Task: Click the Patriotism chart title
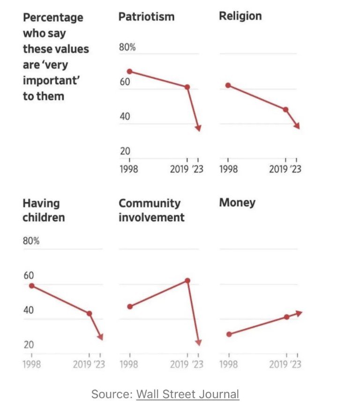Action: click(146, 17)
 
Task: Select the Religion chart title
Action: click(240, 16)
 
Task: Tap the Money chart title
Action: click(237, 202)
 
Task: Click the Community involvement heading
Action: click(151, 210)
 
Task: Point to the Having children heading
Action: click(44, 210)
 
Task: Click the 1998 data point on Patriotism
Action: click(129, 71)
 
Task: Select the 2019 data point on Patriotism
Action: click(187, 87)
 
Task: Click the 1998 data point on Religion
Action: click(228, 85)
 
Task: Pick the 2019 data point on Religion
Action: click(285, 110)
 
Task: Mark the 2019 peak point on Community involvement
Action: click(187, 280)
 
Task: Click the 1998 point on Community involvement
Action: click(130, 307)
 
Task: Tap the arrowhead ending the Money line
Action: click(299, 313)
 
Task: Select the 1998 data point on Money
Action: click(229, 334)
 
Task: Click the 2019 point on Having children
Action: click(89, 313)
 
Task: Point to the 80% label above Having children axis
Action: click(31, 242)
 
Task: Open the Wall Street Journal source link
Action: click(187, 394)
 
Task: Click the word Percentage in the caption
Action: click(53, 17)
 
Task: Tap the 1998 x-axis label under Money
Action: click(228, 364)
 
